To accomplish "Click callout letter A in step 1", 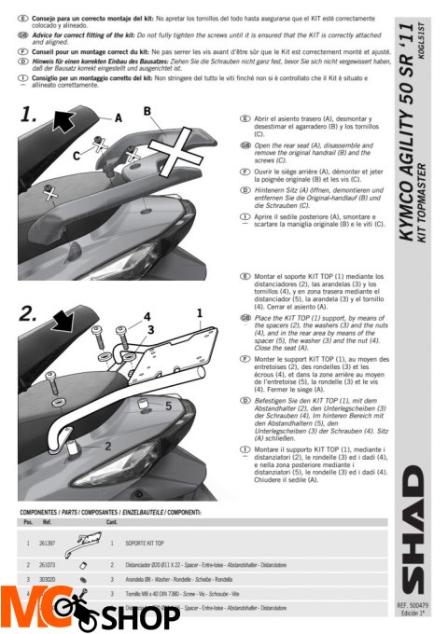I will (x=119, y=118).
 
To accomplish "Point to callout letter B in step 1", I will (x=147, y=111).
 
